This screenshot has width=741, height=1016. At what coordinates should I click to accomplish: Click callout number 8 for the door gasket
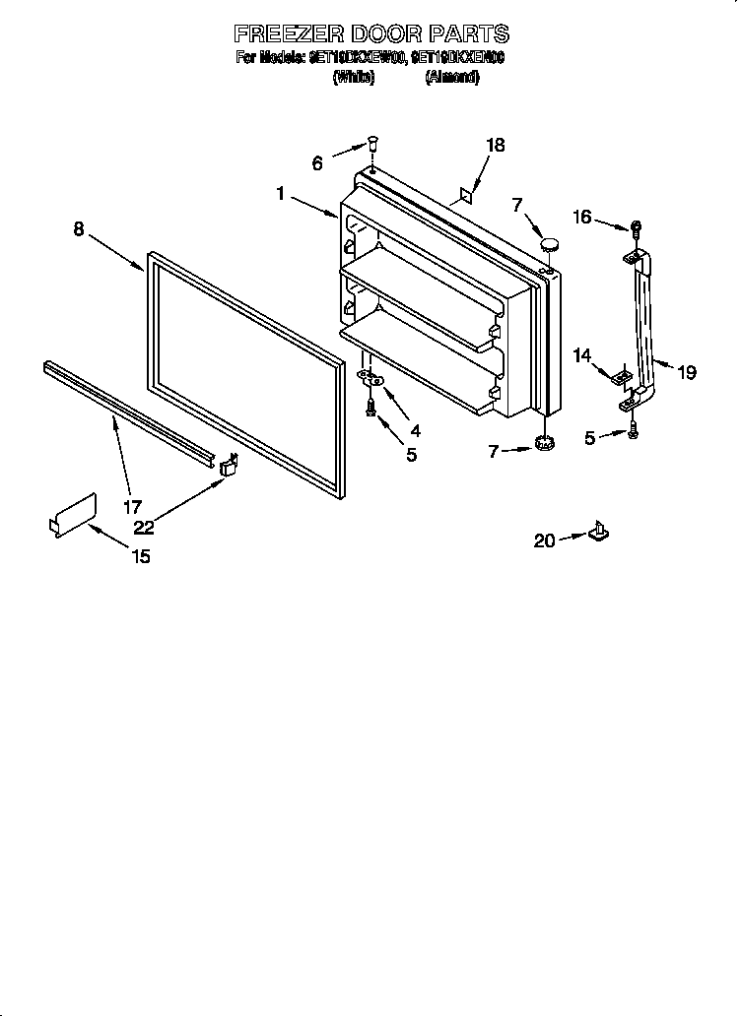pyautogui.click(x=79, y=229)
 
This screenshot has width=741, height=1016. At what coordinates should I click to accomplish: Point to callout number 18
pyautogui.click(x=495, y=145)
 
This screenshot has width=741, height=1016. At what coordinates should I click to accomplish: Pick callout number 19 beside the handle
pyautogui.click(x=687, y=372)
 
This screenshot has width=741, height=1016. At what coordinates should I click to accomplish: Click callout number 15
pyautogui.click(x=141, y=556)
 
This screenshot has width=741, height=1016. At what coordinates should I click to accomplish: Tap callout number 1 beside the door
pyautogui.click(x=281, y=195)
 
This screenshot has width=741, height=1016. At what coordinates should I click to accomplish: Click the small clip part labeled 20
pyautogui.click(x=598, y=533)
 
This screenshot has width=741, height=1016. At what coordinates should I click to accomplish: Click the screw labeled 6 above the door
pyautogui.click(x=372, y=144)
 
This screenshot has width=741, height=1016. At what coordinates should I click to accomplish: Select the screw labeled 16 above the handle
pyautogui.click(x=635, y=228)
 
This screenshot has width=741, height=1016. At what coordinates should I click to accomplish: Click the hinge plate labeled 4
pyautogui.click(x=371, y=377)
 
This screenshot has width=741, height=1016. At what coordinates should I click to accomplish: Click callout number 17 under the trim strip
pyautogui.click(x=132, y=509)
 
